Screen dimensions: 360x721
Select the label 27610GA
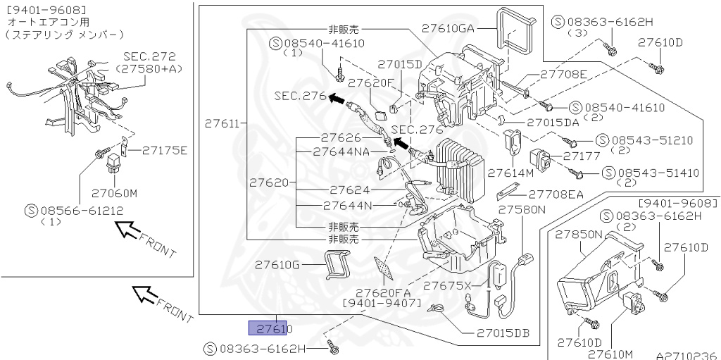449,28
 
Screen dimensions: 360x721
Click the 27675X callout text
451,285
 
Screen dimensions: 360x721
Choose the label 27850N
579,234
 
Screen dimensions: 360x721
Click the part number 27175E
164,149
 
